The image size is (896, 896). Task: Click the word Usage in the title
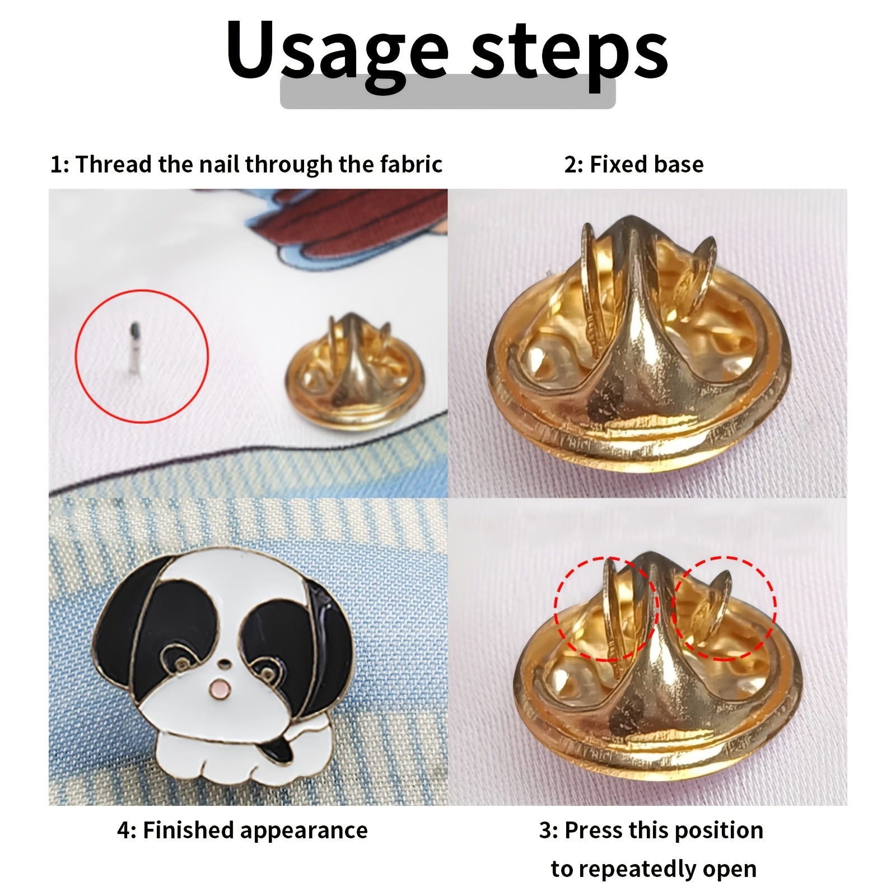pyautogui.click(x=338, y=53)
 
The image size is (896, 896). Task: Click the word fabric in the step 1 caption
pyautogui.click(x=412, y=164)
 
